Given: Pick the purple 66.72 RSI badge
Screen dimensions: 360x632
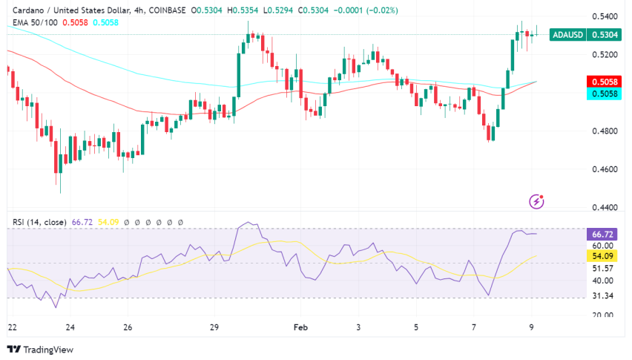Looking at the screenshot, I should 602,235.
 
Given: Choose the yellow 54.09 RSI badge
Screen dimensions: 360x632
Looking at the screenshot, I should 602,256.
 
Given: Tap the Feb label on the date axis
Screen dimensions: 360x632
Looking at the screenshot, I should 300,327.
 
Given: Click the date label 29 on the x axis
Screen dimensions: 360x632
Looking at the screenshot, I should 214,327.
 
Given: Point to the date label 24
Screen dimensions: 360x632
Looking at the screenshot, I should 69,327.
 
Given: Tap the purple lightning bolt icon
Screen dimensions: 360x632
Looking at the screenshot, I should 536,201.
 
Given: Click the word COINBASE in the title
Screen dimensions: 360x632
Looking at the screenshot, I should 165,11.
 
